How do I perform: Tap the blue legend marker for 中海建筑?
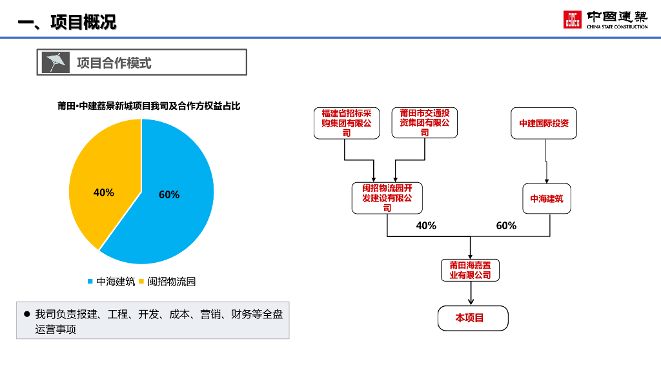click(90, 282)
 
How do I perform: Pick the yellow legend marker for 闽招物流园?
click(141, 282)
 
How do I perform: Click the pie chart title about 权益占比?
click(148, 106)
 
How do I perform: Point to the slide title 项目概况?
click(67, 23)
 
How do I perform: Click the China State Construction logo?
click(605, 20)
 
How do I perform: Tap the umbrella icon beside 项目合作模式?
click(56, 62)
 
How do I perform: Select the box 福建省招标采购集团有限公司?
click(347, 123)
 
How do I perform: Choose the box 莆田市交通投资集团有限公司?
click(424, 123)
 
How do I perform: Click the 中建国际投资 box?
click(544, 123)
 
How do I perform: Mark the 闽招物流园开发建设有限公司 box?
click(387, 198)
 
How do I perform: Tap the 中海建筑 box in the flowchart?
click(546, 198)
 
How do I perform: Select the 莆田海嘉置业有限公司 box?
click(470, 270)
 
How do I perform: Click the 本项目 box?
click(473, 318)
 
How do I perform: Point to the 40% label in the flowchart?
click(426, 225)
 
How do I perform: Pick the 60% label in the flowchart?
click(506, 225)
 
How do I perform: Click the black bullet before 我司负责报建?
click(27, 314)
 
